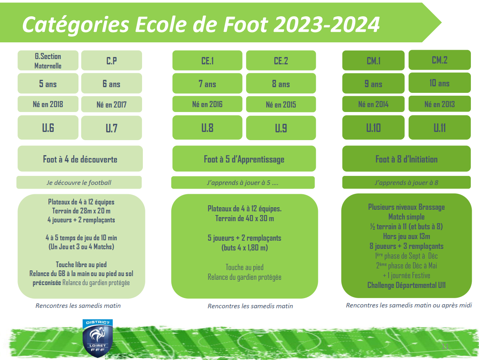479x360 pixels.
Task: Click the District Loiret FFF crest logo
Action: (x=98, y=338)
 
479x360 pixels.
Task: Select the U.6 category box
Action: (x=48, y=127)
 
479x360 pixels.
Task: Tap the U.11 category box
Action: (x=440, y=127)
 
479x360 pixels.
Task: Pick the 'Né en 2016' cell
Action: (x=208, y=104)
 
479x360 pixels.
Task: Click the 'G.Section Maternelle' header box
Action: (x=48, y=61)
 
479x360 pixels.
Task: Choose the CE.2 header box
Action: (x=281, y=61)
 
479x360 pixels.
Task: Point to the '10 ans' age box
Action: (x=440, y=83)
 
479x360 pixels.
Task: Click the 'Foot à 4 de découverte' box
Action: (x=80, y=158)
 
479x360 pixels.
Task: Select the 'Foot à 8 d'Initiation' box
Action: (x=407, y=158)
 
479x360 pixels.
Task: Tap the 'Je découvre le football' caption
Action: (x=79, y=182)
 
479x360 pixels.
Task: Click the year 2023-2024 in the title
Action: (x=326, y=24)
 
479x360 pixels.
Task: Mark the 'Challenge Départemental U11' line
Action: (x=406, y=285)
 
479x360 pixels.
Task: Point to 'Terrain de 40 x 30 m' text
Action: (x=245, y=219)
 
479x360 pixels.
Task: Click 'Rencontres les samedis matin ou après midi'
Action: (x=409, y=305)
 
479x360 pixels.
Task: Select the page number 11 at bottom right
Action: (x=445, y=346)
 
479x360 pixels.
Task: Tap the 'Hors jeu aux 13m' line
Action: (x=406, y=236)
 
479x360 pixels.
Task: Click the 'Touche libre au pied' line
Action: (x=81, y=264)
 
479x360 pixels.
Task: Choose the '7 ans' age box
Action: (x=208, y=83)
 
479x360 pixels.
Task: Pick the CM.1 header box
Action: (x=373, y=61)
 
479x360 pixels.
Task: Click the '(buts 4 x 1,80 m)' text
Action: (x=245, y=248)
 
